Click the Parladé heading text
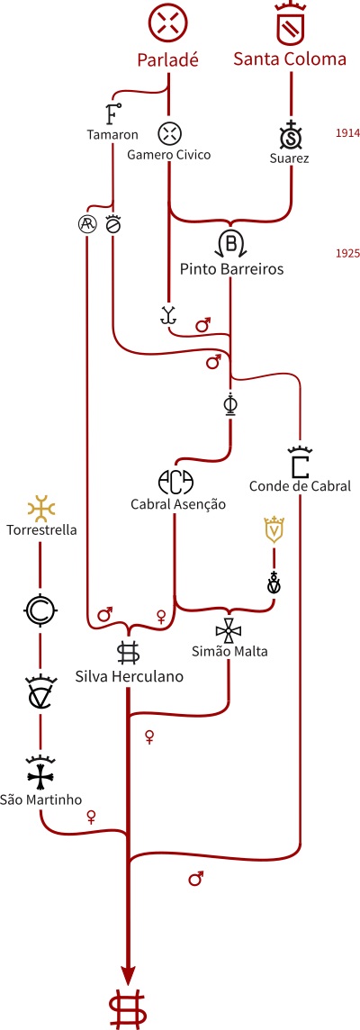point(167,59)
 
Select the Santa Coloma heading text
point(290,59)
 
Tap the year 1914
point(347,132)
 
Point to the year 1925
point(347,254)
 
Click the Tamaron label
point(112,135)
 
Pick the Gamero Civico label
point(169,156)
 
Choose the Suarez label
point(289,158)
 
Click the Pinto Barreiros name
point(232,269)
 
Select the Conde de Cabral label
point(300,487)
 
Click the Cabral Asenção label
point(177,504)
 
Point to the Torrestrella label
point(40,529)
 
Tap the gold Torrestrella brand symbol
point(40,509)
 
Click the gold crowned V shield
point(274,529)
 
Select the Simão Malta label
point(229,652)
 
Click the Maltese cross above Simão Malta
point(228,631)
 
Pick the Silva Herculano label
point(128,677)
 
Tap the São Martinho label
point(40,800)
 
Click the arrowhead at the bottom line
point(128,975)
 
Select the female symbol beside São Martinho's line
point(91,818)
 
